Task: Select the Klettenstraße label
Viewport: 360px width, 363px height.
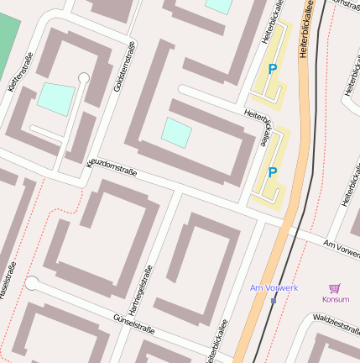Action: point(14,85)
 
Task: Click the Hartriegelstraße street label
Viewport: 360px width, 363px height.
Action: point(145,293)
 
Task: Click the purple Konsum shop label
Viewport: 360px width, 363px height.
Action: point(335,299)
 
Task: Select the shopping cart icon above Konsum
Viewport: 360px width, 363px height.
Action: point(335,287)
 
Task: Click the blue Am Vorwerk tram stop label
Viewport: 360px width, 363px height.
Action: point(274,288)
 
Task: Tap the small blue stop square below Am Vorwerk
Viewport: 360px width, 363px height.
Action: point(274,300)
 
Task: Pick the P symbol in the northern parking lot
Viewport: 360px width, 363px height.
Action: point(272,69)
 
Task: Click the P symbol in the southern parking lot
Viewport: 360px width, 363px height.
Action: point(272,172)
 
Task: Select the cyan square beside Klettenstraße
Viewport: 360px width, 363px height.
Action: point(55,99)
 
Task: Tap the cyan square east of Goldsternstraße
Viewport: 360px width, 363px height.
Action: point(176,132)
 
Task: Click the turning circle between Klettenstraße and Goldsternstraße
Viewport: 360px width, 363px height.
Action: point(83,79)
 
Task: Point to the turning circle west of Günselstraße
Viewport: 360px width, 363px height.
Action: point(32,283)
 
